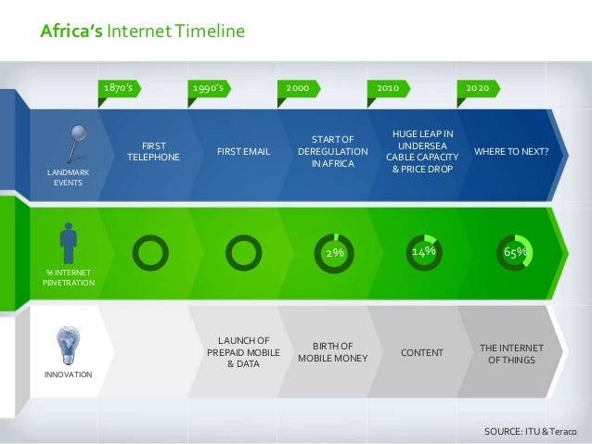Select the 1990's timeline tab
tap(210, 87)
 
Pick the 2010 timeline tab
tap(389, 87)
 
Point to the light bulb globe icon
tap(67, 345)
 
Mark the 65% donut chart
tap(514, 251)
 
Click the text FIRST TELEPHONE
tap(154, 151)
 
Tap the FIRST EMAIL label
tap(243, 151)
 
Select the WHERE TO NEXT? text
tap(511, 151)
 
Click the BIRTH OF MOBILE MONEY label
tap(332, 351)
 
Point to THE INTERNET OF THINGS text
tap(511, 352)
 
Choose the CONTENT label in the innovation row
tap(421, 352)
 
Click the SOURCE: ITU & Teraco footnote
tap(531, 432)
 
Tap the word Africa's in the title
tap(71, 33)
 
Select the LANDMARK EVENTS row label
tap(67, 177)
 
